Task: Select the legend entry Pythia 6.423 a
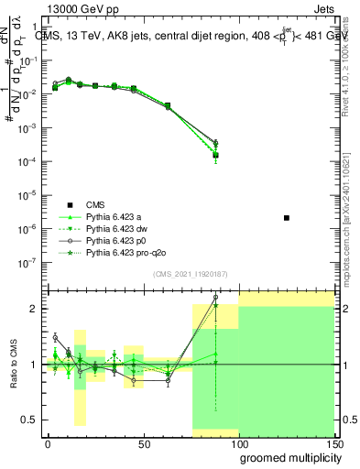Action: pyautogui.click(x=115, y=216)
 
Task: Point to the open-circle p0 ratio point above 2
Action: pyautogui.click(x=215, y=297)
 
